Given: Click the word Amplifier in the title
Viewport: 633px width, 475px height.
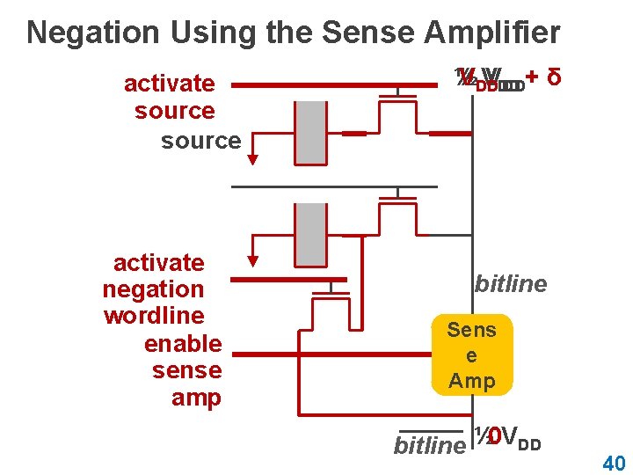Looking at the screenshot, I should tap(493, 33).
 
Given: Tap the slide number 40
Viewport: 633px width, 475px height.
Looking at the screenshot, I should tap(614, 463).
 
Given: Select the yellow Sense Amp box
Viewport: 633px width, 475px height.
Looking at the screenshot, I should tap(472, 355).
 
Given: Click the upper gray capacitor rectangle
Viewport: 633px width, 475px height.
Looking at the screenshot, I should tap(310, 132).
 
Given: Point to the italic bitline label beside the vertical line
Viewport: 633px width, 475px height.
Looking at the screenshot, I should tap(511, 284).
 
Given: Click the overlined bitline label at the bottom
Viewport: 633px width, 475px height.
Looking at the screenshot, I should tap(428, 446).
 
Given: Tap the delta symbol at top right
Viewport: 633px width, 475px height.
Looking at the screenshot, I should tap(554, 78).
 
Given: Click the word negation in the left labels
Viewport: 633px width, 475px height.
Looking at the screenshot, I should tap(153, 289).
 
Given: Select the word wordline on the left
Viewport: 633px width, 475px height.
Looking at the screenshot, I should tap(154, 316).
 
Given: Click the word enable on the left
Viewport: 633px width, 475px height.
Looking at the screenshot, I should tap(183, 343).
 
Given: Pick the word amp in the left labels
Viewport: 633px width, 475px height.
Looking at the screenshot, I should tap(196, 398).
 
